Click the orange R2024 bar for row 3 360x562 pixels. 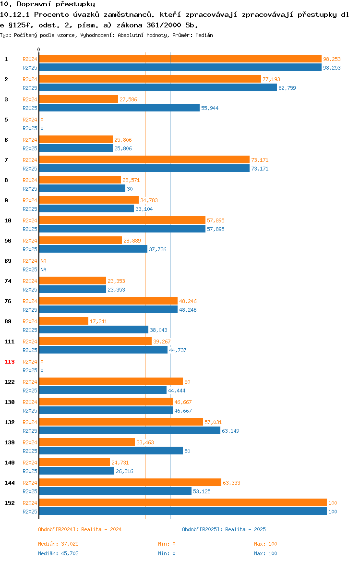click(78, 99)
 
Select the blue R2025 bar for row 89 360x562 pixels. click(94, 330)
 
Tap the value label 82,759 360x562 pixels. click(288, 88)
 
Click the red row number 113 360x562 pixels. click(10, 362)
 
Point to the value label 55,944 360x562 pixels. click(210, 108)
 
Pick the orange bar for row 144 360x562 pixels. click(130, 483)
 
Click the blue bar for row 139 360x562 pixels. click(111, 451)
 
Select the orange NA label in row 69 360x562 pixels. click(43, 261)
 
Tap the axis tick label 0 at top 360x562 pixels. click(39, 50)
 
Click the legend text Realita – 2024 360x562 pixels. click(101, 529)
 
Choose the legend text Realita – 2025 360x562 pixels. click(245, 529)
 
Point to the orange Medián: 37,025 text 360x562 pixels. click(59, 544)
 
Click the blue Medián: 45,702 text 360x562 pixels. click(59, 553)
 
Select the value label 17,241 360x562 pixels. click(98, 321)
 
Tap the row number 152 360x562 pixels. click(10, 503)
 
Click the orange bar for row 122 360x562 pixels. click(111, 382)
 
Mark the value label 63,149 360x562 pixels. click(231, 431)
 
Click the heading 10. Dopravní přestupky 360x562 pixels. click(48, 4)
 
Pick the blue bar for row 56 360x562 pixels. click(93, 249)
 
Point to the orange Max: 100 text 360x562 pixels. click(266, 544)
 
